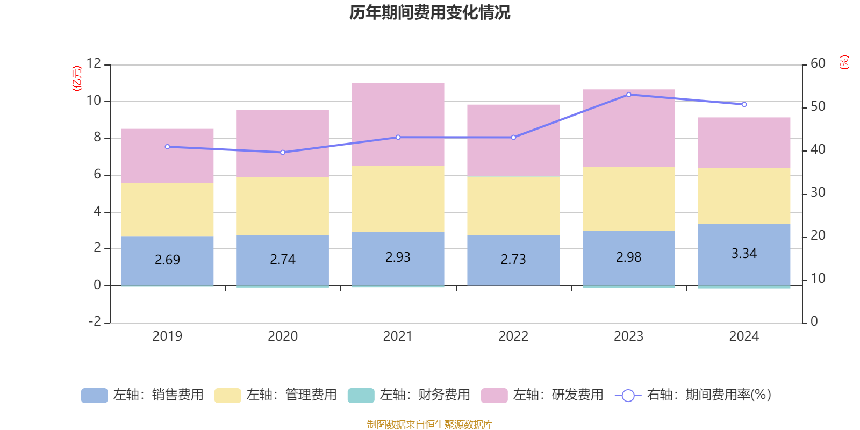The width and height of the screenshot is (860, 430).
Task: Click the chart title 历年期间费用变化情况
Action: pyautogui.click(x=429, y=12)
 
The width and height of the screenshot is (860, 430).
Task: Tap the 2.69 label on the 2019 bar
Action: pyautogui.click(x=167, y=260)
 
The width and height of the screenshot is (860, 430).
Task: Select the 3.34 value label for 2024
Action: pyautogui.click(x=744, y=253)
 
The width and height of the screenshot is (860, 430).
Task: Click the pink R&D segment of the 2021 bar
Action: pyautogui.click(x=398, y=124)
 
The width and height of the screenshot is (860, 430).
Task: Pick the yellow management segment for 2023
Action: pyautogui.click(x=628, y=199)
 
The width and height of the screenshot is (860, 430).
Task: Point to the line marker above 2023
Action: pyautogui.click(x=629, y=95)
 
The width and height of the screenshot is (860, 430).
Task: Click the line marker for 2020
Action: pyautogui.click(x=283, y=153)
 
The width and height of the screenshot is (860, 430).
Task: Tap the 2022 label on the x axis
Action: pyautogui.click(x=513, y=336)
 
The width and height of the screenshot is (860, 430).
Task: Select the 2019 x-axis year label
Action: pyautogui.click(x=167, y=336)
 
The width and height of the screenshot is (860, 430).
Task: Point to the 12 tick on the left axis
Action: pyautogui.click(x=94, y=63)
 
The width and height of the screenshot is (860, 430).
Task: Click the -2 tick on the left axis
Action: pyautogui.click(x=95, y=321)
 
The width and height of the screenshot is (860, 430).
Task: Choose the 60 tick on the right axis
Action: pyautogui.click(x=818, y=63)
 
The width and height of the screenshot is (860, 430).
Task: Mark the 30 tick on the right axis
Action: pyautogui.click(x=818, y=192)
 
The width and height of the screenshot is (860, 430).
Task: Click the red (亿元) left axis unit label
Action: pyautogui.click(x=77, y=78)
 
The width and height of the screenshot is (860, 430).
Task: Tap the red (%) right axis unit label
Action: pyautogui.click(x=844, y=62)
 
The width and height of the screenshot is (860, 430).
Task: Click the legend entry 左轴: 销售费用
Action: pyautogui.click(x=142, y=395)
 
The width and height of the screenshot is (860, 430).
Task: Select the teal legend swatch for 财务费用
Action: pyautogui.click(x=361, y=395)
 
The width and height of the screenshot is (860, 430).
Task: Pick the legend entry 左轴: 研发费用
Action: pyautogui.click(x=542, y=395)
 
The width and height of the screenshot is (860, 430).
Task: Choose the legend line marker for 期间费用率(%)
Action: pyautogui.click(x=628, y=396)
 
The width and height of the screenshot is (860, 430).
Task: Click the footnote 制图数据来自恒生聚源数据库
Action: pyautogui.click(x=429, y=425)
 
